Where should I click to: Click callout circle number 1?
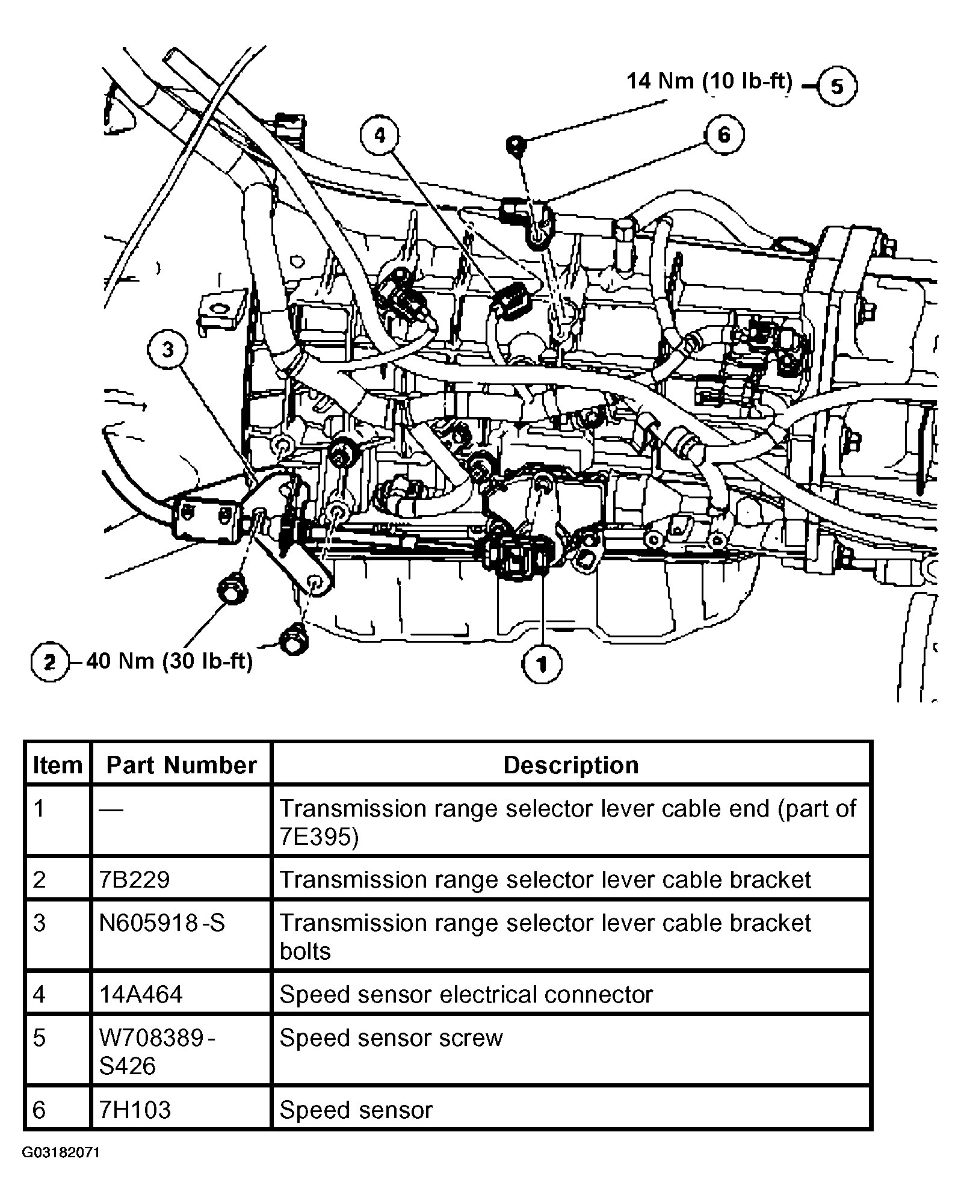point(542,664)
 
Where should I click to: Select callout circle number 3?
point(168,349)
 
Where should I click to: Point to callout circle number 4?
point(380,136)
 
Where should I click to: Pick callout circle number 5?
point(837,87)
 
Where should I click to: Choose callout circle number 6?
point(724,134)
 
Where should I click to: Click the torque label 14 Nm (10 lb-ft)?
point(710,81)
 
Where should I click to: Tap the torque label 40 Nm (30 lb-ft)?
point(170,661)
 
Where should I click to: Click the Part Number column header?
point(181,765)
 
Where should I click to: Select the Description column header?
point(570,765)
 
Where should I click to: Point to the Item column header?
point(58,765)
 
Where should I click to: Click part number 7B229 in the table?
point(135,880)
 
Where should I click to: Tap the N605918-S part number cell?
point(162,923)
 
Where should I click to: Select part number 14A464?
point(141,994)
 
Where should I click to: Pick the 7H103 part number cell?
point(135,1110)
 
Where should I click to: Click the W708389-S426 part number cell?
point(158,1052)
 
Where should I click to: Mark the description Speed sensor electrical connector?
point(466,994)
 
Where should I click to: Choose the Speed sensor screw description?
point(391,1038)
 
